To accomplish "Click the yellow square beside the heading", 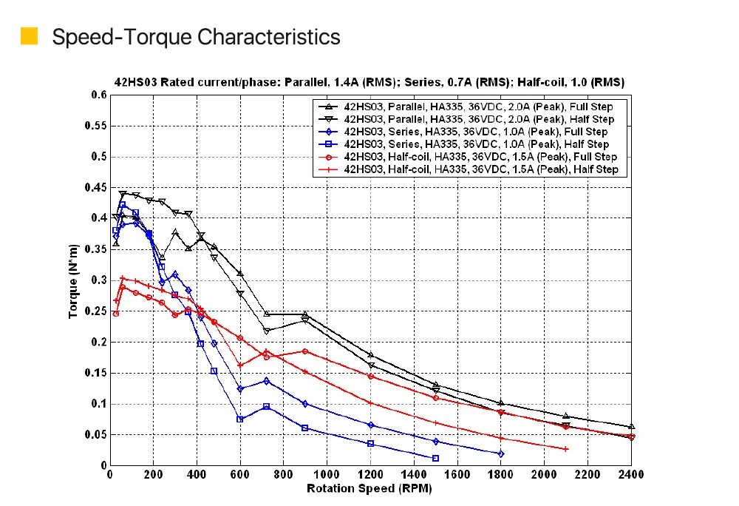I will click(x=29, y=36).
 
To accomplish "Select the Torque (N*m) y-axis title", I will click(x=73, y=280).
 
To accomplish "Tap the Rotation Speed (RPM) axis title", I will click(x=369, y=488).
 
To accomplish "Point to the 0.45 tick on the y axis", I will click(x=97, y=188).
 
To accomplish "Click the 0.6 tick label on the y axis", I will click(x=99, y=95).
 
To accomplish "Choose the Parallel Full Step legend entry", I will click(x=473, y=107).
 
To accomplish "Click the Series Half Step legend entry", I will click(x=473, y=144).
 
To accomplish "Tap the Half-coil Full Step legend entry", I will click(x=473, y=157).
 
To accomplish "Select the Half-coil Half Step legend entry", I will click(x=473, y=169).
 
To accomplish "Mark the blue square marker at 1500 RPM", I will click(x=436, y=458).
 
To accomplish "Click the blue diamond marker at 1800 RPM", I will click(x=501, y=453).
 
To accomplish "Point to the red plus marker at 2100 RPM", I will click(x=566, y=449).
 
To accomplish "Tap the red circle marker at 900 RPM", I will click(x=305, y=351).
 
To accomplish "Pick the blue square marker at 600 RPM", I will click(x=240, y=419).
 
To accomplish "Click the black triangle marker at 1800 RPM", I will click(x=501, y=403).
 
